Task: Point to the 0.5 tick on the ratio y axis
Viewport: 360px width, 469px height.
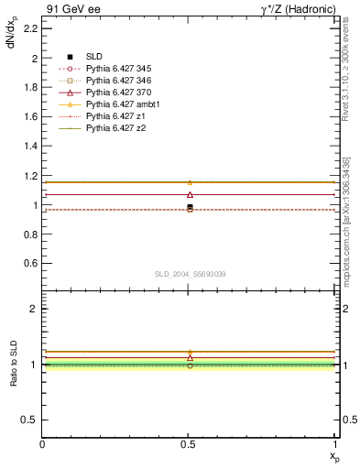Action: click(x=28, y=420)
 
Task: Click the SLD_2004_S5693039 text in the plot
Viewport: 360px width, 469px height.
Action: click(x=190, y=274)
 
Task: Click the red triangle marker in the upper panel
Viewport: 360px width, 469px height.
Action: click(x=190, y=194)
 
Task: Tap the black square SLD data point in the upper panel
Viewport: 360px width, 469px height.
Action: click(x=190, y=207)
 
